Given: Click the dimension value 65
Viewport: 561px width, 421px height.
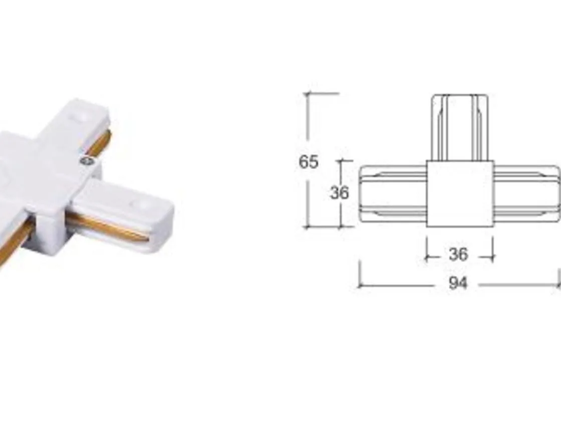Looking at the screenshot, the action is tap(309, 162).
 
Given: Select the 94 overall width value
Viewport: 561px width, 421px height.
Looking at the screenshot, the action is tap(458, 283).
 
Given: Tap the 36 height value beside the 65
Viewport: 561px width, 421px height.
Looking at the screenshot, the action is tap(339, 193).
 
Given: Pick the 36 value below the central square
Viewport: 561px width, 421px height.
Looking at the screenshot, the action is tap(458, 255).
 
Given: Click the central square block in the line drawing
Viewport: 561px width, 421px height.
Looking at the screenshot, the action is tap(460, 193).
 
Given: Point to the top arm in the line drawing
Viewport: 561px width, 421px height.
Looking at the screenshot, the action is tap(460, 127).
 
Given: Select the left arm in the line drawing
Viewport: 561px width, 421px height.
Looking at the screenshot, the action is tap(393, 193).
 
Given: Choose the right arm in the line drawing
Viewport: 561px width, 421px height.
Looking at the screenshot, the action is tap(527, 193).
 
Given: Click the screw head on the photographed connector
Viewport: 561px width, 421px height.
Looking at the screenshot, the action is tap(86, 161).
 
